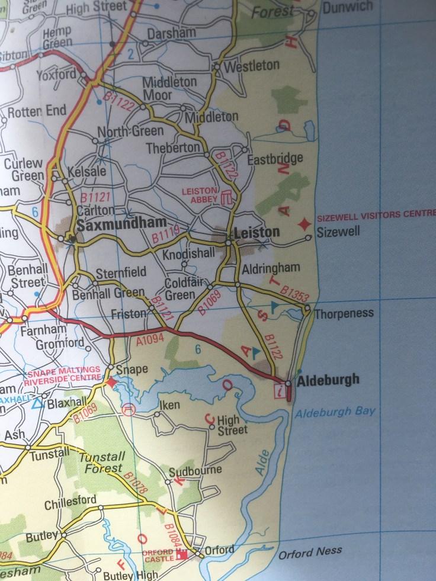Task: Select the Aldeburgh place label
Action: tap(328, 380)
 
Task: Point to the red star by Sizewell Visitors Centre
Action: tap(304, 224)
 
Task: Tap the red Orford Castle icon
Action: tap(182, 554)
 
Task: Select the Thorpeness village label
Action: tap(344, 313)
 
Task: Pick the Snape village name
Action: tap(131, 370)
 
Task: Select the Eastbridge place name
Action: tap(275, 158)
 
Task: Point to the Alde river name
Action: tap(262, 463)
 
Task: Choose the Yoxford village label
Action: tap(56, 75)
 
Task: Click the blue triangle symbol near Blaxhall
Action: tap(37, 404)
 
